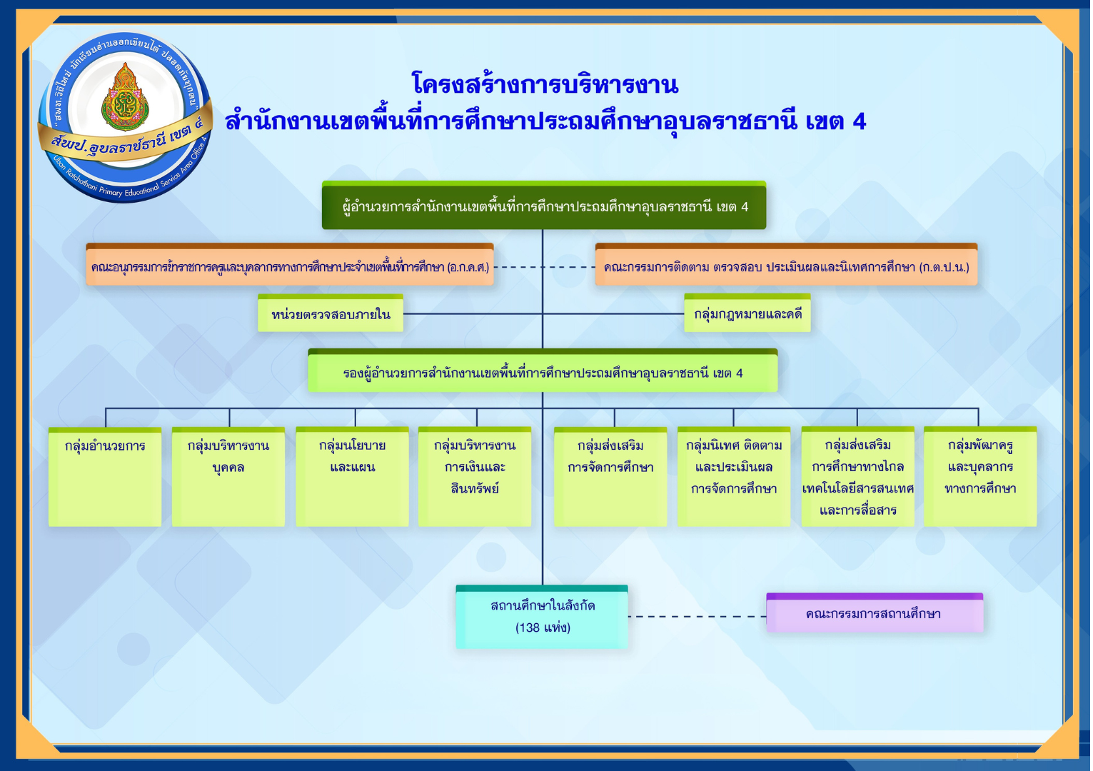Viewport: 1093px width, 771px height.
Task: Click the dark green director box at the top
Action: (x=543, y=206)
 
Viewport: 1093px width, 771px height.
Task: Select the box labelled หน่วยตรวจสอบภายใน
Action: (x=331, y=314)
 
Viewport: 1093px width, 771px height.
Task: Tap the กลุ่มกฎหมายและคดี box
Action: (x=747, y=314)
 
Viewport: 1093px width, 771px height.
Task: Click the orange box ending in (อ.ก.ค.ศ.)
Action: (x=290, y=266)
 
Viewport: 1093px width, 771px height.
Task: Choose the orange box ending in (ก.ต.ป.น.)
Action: (x=786, y=266)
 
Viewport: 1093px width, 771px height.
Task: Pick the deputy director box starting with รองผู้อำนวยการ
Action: (x=543, y=372)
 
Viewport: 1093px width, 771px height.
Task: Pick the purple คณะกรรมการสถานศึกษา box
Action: (x=874, y=614)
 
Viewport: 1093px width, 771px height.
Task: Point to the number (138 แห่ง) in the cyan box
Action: (x=543, y=628)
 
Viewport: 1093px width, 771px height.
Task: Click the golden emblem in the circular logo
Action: (x=126, y=99)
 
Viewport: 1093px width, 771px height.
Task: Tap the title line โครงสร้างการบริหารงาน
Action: (x=545, y=85)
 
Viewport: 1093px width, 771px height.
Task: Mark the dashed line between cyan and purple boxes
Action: (x=697, y=616)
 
